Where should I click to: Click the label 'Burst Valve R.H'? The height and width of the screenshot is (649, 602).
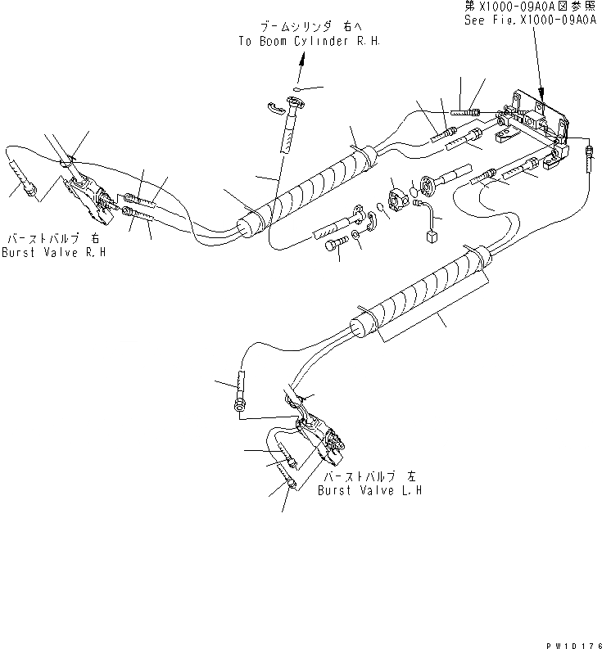point(54,252)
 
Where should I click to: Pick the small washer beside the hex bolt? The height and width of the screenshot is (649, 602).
point(355,237)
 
